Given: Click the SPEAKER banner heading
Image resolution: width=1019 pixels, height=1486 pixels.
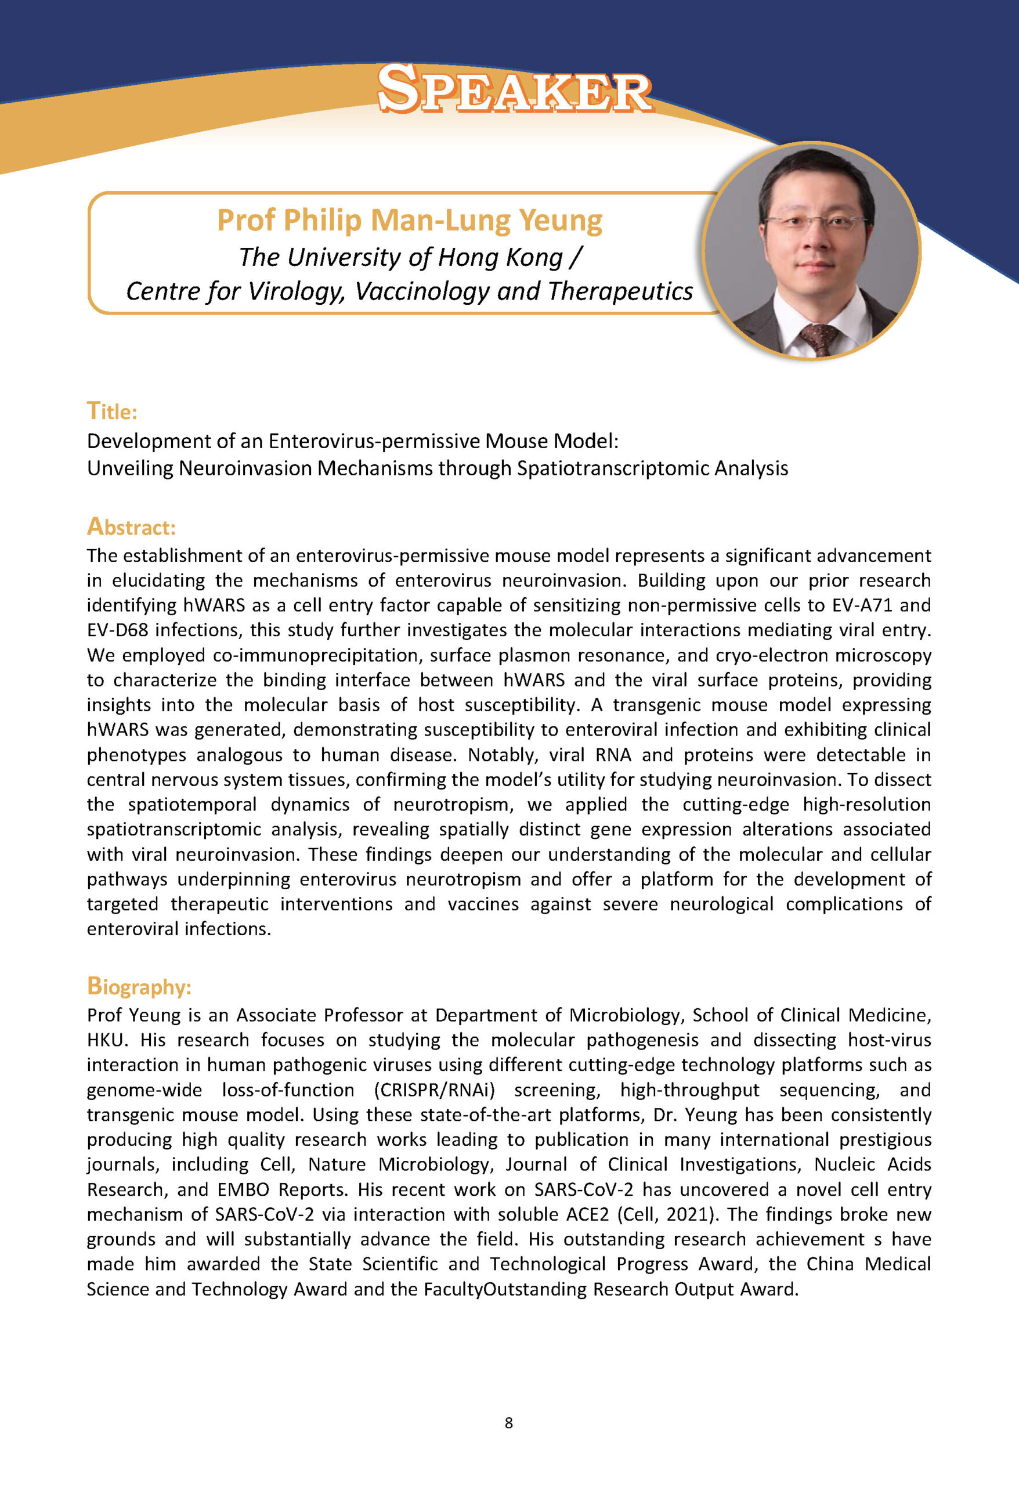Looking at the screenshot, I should click(515, 89).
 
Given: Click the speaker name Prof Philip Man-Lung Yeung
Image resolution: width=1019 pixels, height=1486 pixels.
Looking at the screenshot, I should click(410, 221).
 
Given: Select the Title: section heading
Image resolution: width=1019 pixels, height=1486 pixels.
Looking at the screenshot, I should click(112, 410).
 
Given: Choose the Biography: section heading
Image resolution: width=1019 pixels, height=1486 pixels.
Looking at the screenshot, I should click(139, 986).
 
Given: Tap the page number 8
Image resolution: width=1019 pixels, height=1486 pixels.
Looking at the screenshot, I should click(509, 1422).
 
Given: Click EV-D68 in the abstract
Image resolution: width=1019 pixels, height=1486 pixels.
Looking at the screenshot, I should click(118, 630).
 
